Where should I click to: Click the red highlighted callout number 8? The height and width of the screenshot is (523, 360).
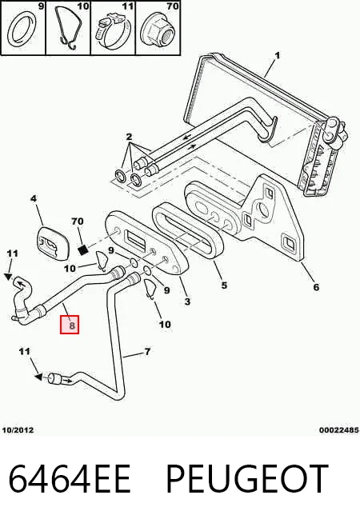point(70,325)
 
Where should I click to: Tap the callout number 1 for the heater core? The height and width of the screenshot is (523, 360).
point(278,56)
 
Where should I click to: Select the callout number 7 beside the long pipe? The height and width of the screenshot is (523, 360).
point(147,352)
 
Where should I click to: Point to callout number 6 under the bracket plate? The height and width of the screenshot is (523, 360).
point(316,287)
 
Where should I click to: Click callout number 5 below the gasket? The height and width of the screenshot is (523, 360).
point(224,285)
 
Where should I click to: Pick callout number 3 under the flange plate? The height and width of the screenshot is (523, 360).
point(187,301)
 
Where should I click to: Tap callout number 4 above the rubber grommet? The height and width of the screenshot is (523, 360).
point(34,198)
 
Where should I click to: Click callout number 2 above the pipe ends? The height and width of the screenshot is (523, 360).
point(129,137)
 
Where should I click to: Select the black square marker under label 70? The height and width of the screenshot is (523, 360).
point(83,250)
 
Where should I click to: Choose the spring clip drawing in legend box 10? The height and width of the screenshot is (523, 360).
point(70,28)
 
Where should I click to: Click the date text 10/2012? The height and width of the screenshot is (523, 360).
point(18,430)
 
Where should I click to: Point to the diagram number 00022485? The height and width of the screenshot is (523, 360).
point(339,430)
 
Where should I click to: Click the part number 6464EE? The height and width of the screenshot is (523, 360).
point(70,478)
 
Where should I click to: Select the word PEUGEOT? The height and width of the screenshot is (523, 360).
point(247,478)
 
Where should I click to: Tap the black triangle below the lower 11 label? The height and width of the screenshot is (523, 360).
point(38,377)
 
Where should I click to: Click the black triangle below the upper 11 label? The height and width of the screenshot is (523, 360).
point(9,277)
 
